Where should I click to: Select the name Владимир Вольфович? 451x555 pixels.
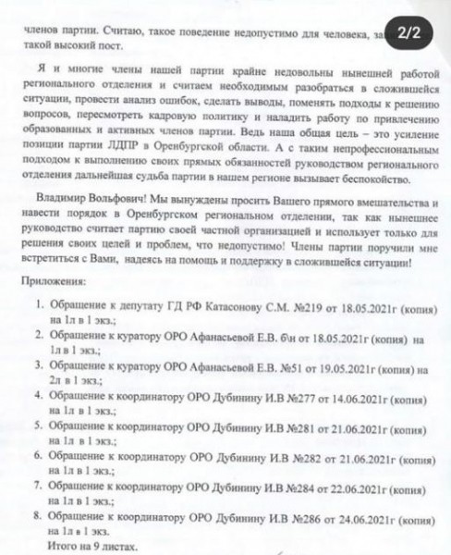click(x=88, y=200)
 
